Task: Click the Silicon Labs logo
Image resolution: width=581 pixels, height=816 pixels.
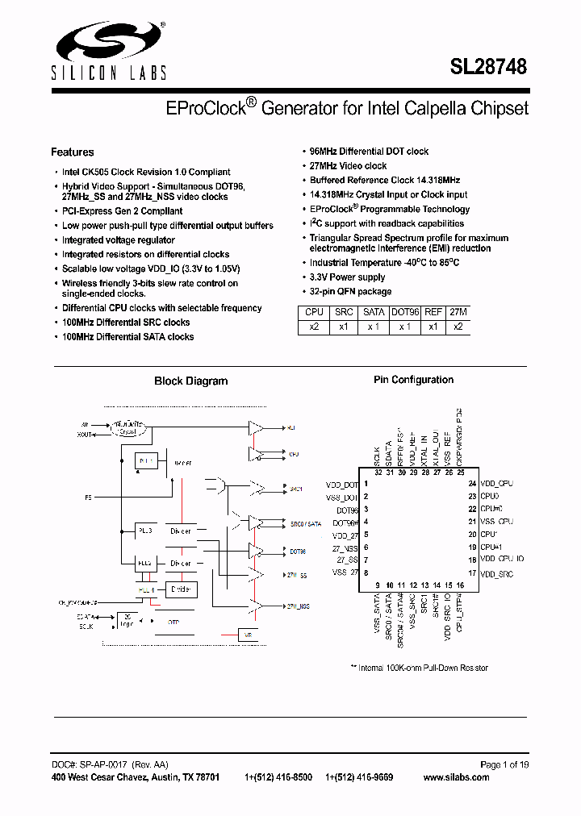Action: coord(109,51)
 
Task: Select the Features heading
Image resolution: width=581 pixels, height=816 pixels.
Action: coord(72,152)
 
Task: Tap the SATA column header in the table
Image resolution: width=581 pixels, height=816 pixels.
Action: coord(374,312)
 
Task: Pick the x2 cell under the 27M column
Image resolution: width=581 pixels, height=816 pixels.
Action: coord(458,327)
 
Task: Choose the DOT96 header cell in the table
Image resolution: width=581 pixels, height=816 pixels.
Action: coord(405,312)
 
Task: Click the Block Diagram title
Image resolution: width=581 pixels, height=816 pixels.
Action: coord(190,381)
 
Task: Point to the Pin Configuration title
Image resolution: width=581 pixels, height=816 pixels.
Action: coord(413,380)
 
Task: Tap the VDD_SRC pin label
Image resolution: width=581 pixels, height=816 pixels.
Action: coord(497,573)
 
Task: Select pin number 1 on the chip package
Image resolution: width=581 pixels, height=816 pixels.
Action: coord(366,484)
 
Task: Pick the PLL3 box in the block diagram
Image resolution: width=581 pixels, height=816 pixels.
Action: coord(146,532)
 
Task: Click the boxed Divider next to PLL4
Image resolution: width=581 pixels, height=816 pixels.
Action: coord(180,590)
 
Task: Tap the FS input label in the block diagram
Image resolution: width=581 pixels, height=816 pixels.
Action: coord(88,498)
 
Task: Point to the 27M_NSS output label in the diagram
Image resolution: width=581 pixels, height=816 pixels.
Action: coord(296,606)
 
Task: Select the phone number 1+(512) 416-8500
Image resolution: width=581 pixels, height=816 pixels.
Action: coord(278,777)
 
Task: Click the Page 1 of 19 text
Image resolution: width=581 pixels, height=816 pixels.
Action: coord(504,764)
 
